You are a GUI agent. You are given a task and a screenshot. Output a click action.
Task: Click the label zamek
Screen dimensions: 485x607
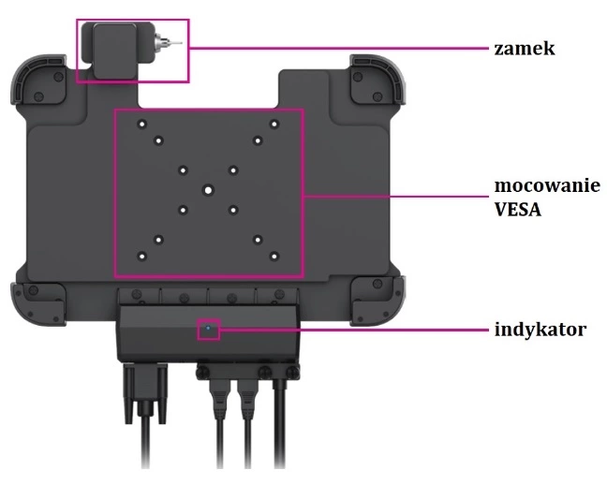525,47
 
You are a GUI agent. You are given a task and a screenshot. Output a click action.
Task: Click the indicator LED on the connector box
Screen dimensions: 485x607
208,330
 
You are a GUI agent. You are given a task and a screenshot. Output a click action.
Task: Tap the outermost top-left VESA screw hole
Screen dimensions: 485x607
141,124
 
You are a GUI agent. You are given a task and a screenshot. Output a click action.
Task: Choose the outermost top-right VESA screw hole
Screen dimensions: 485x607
274,124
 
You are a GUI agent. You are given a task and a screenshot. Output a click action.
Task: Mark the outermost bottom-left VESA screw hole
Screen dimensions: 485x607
141,256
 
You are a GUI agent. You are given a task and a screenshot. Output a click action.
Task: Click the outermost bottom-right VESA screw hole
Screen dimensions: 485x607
274,256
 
